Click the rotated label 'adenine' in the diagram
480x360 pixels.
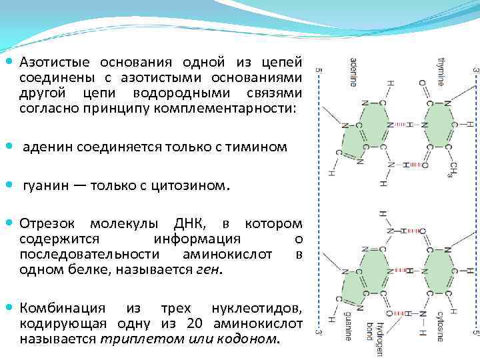(352, 73)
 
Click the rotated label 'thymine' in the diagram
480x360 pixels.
(441, 71)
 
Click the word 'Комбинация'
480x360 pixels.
(63, 308)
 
